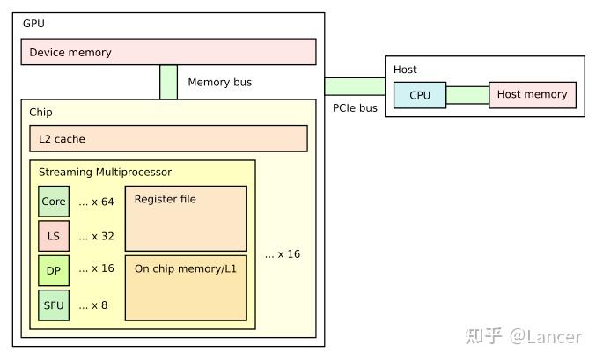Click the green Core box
click(54, 202)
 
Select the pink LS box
click(54, 235)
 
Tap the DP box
click(54, 269)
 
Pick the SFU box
click(54, 305)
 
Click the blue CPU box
click(420, 95)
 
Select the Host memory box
click(533, 95)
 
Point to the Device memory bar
click(168, 52)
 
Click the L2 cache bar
click(168, 138)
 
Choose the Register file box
click(186, 218)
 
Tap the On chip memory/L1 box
click(186, 288)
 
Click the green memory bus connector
click(168, 82)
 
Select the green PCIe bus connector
click(355, 85)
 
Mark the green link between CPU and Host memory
click(467, 95)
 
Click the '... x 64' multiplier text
click(96, 202)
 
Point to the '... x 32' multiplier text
click(96, 235)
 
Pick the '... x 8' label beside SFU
click(93, 305)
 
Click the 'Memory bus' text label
click(220, 83)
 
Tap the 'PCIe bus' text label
click(355, 108)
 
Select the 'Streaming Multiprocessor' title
click(105, 172)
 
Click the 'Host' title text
click(405, 70)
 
